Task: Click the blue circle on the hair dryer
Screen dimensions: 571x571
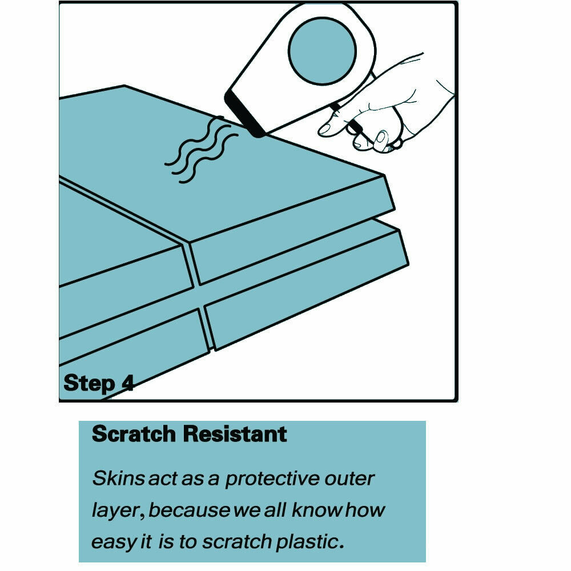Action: coord(322,51)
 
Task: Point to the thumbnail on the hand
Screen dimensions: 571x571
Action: coord(381,138)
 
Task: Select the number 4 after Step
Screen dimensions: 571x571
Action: coord(127,383)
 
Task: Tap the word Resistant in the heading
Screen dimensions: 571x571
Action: coord(235,434)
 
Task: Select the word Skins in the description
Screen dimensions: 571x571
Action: coord(119,478)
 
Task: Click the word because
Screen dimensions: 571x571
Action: coord(190,510)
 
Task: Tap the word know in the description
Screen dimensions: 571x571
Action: coord(316,510)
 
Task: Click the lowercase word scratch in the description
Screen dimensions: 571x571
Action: coord(237,541)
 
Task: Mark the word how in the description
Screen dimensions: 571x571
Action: coord(365,510)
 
